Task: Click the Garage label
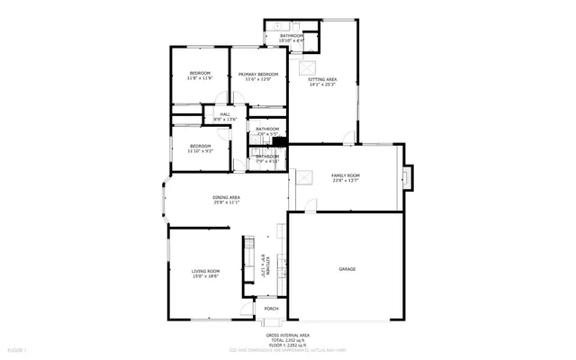[x=346, y=269]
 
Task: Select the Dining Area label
[x=226, y=197]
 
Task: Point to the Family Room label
[x=346, y=175]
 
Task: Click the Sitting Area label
[x=323, y=80]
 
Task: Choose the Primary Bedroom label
[x=258, y=74]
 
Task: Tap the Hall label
[x=223, y=114]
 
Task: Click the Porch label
[x=271, y=309]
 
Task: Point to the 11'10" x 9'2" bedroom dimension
[x=200, y=151]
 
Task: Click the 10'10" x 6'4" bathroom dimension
[x=291, y=40]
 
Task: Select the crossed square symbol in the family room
[x=305, y=176]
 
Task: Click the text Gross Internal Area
[x=288, y=333]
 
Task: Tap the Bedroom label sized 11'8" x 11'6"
[x=200, y=73]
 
